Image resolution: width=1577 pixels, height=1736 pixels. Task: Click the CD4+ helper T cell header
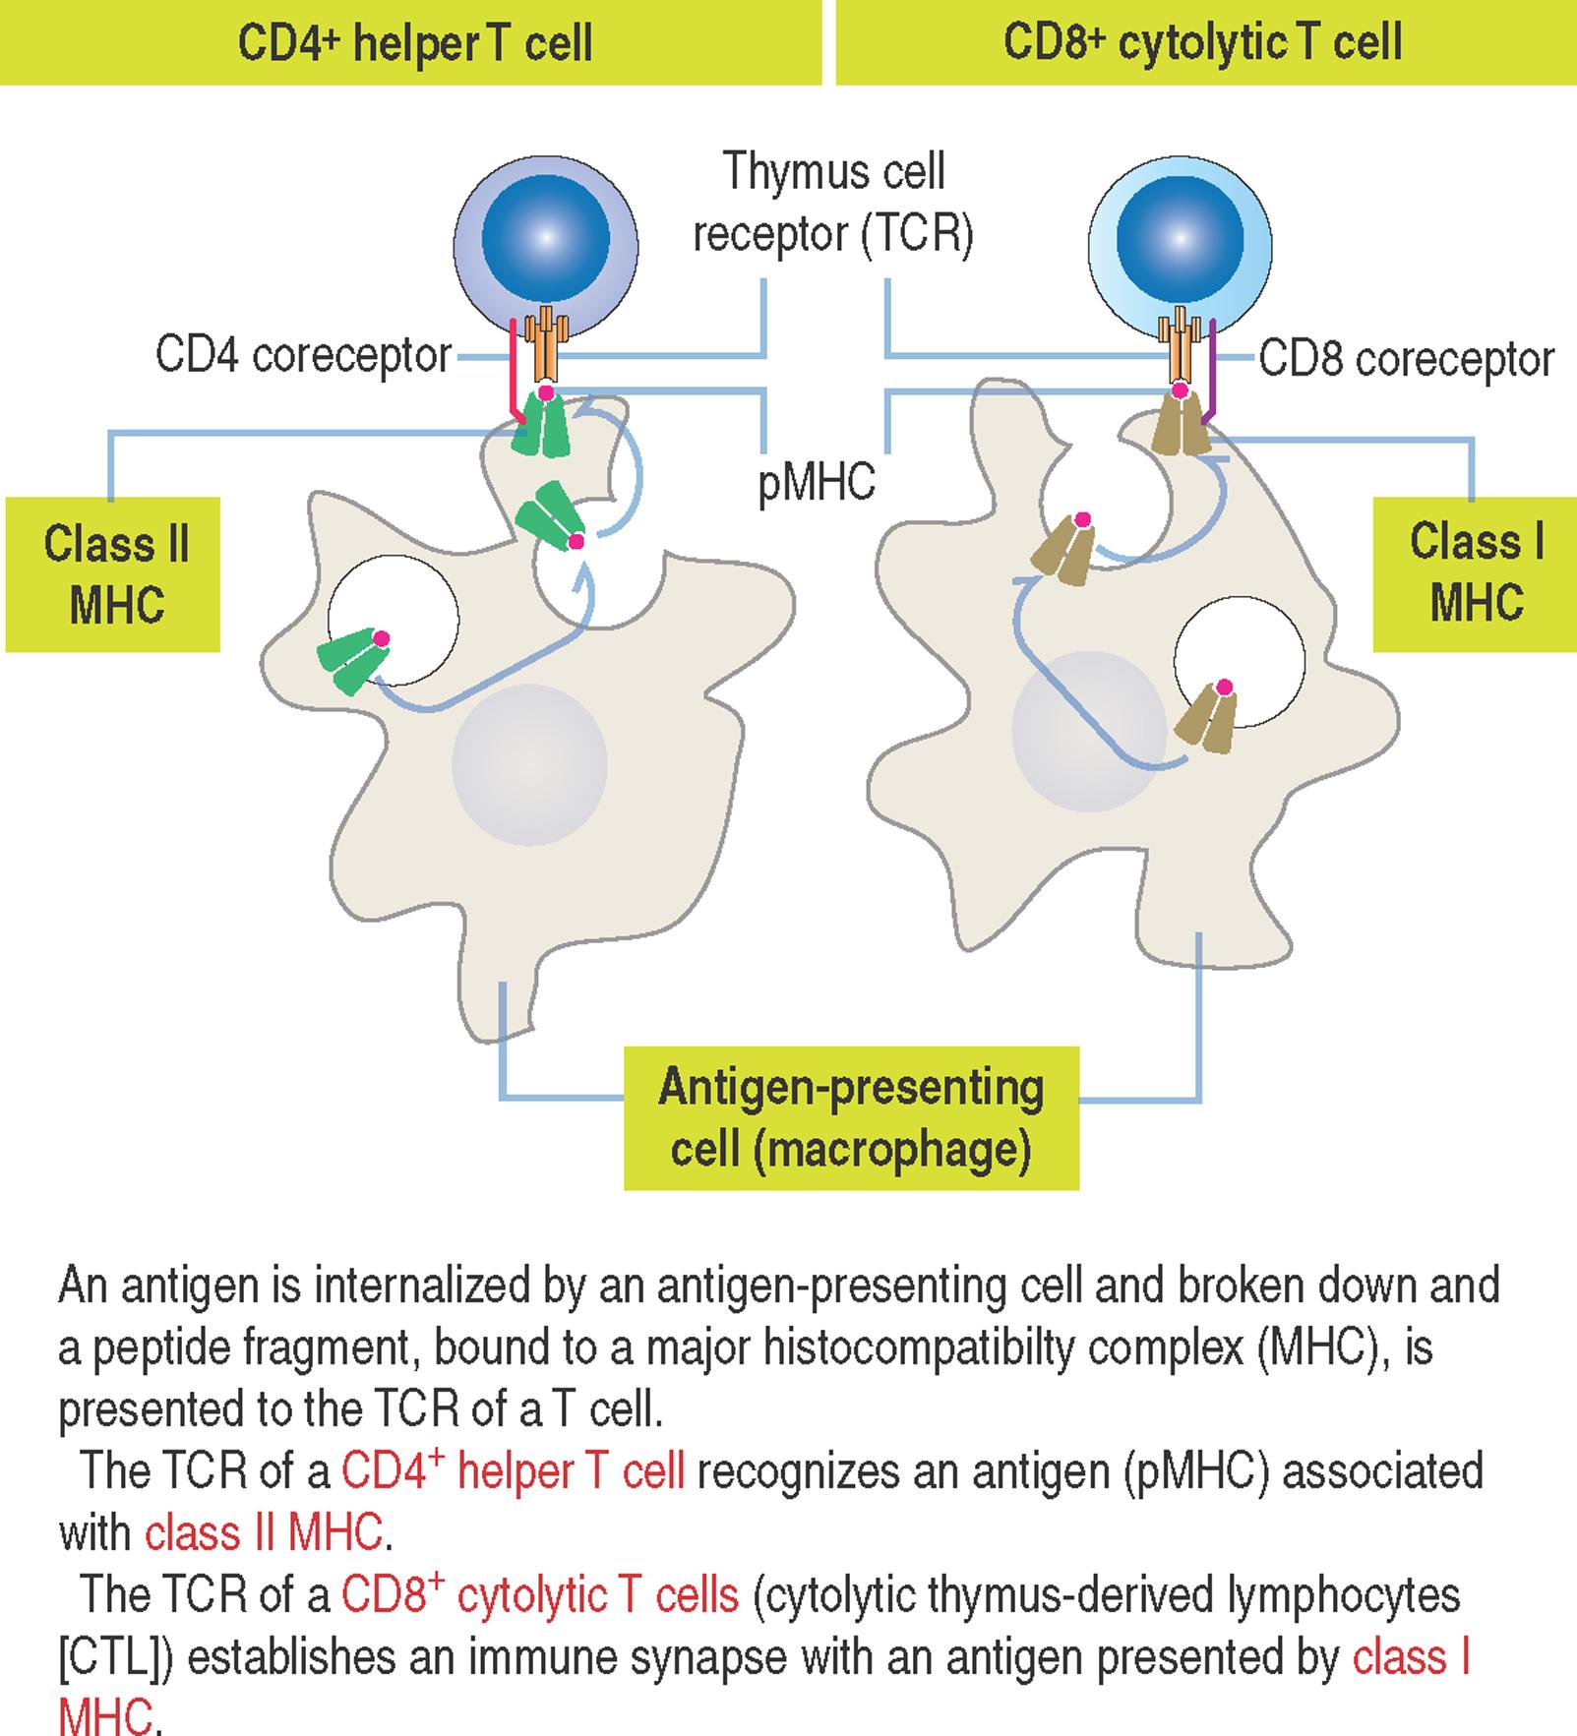point(414,43)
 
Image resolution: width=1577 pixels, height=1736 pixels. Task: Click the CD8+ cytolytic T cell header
point(1202,43)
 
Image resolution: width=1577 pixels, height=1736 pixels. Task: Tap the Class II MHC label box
point(114,574)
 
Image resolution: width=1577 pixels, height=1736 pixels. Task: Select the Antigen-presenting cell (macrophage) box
point(852,1118)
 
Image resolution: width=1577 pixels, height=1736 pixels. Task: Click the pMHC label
point(817,484)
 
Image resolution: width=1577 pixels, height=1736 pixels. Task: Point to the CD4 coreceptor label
point(303,355)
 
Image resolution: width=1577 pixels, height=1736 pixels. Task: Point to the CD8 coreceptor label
point(1406,359)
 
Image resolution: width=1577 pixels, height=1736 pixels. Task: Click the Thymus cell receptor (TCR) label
point(833,203)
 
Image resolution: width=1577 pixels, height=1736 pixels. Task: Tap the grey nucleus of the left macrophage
point(529,764)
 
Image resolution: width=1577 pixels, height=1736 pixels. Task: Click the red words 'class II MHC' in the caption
point(263,1532)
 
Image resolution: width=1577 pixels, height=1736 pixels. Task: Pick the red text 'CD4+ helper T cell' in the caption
point(513,1471)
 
